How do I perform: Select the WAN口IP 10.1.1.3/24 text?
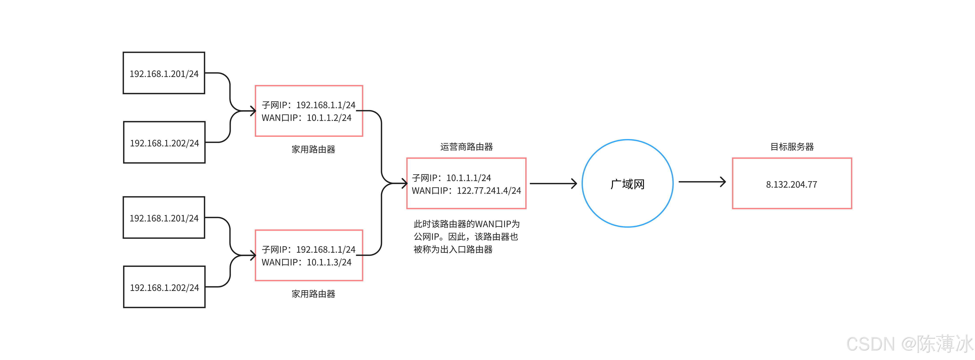click(306, 262)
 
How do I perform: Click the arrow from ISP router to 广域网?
click(553, 184)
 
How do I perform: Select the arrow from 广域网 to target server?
click(702, 182)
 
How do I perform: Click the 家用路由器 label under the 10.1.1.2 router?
click(313, 149)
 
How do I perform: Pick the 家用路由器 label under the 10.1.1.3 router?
click(313, 294)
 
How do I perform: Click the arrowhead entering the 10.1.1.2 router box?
click(253, 111)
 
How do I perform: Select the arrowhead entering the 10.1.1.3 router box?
click(253, 256)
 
